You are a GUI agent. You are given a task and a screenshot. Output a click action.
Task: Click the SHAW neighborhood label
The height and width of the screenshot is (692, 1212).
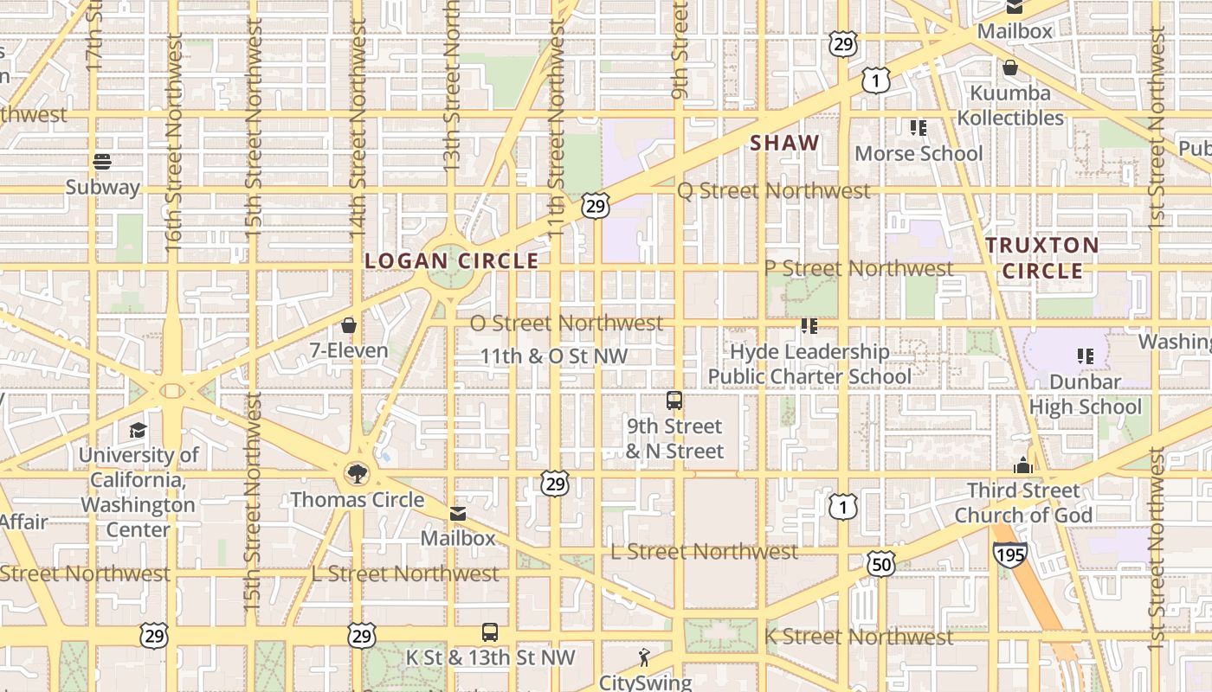pos(784,144)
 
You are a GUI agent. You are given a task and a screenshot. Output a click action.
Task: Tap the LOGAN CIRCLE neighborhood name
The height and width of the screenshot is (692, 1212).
pos(452,260)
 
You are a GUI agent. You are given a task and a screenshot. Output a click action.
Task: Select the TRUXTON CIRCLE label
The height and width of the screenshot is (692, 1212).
pos(1042,258)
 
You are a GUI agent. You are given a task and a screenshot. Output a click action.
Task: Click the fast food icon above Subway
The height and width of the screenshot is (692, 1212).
pos(102,161)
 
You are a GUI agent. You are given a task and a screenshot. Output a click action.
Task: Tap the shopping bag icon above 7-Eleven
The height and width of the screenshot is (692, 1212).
pos(349,325)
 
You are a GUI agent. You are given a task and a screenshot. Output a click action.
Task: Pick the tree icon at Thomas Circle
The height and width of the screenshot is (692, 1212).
pos(356,473)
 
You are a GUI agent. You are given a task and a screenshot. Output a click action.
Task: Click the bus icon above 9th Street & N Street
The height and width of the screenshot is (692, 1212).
pos(674,400)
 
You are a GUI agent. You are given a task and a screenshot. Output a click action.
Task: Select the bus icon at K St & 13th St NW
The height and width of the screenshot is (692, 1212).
pos(490,632)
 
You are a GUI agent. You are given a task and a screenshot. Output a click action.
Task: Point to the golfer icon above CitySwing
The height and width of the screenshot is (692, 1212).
pos(643,657)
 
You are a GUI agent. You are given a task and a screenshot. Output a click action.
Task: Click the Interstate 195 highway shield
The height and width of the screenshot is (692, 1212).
pos(1010,554)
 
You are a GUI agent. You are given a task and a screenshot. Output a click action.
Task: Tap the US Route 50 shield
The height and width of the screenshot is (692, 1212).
pos(880,565)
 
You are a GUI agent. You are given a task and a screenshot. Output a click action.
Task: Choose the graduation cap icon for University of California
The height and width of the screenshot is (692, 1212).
pos(138,430)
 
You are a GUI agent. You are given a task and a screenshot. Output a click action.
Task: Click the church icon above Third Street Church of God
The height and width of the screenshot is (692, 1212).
pos(1023,465)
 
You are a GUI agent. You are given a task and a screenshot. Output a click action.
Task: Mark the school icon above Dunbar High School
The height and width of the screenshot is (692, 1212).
pos(1085,356)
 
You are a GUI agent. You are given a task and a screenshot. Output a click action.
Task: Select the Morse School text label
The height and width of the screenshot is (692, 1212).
pos(919,154)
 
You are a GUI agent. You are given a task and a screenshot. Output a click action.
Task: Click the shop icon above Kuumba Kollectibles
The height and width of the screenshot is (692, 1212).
pos(1010,67)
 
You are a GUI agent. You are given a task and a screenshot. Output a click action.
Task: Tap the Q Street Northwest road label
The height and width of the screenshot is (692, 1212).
pos(773,190)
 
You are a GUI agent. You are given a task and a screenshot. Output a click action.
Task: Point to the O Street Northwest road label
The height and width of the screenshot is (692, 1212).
pos(566,324)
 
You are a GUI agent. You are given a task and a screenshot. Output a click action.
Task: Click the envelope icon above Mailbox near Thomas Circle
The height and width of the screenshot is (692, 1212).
pos(458,514)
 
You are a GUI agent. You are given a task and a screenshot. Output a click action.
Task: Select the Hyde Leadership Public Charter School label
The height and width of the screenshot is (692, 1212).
pos(809,364)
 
